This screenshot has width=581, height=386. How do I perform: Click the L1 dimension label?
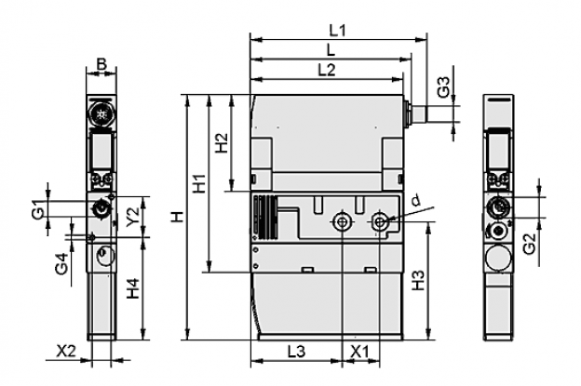338,31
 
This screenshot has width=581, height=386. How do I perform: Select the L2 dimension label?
327,70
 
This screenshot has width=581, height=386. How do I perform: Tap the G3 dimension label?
443,87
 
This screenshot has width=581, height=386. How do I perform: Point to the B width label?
101,63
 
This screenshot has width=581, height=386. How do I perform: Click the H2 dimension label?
222,143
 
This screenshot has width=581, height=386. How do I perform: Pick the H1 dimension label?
200,183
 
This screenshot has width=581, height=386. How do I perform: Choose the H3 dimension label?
418,281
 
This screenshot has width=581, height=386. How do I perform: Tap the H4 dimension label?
133,288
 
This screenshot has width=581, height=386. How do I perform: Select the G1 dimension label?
38,209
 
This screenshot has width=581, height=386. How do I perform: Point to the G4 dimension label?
62,264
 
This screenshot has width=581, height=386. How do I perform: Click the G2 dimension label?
530,245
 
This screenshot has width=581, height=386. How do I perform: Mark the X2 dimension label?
66,351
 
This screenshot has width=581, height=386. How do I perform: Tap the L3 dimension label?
297,352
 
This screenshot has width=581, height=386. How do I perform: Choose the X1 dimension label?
359,352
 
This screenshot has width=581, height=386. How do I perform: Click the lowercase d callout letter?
417,200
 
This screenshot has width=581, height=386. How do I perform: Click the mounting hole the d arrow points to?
380,222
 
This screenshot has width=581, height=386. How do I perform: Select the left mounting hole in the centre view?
341,222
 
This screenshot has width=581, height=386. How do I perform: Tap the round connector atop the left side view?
101,115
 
